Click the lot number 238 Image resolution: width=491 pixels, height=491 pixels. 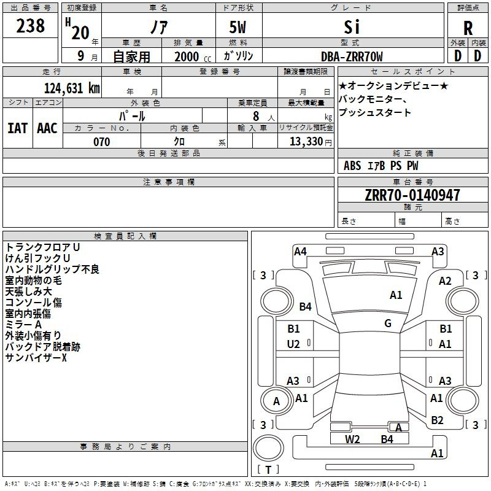point(30,26)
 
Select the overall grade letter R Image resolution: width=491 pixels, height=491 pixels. point(468,28)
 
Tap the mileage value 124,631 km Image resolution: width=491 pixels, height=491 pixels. point(72,88)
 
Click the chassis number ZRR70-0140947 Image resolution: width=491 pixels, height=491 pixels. point(412,195)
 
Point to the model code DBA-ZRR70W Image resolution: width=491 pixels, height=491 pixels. point(352,56)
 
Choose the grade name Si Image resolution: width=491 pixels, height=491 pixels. point(352,27)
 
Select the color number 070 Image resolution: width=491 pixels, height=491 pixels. point(102,142)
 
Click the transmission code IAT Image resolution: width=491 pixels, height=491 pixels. point(18,128)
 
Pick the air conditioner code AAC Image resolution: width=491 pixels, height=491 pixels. point(47,128)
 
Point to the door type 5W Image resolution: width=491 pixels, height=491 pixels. point(238,27)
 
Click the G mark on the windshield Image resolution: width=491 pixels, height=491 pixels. point(388,323)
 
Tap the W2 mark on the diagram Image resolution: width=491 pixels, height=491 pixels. point(352,439)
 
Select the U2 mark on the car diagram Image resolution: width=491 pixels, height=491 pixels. point(293,344)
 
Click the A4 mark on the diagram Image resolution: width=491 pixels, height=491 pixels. point(300,252)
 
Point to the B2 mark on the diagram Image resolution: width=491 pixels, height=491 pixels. point(437,420)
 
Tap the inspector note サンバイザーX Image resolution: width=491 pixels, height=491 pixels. point(36,358)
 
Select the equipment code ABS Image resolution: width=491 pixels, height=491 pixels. point(352,166)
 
